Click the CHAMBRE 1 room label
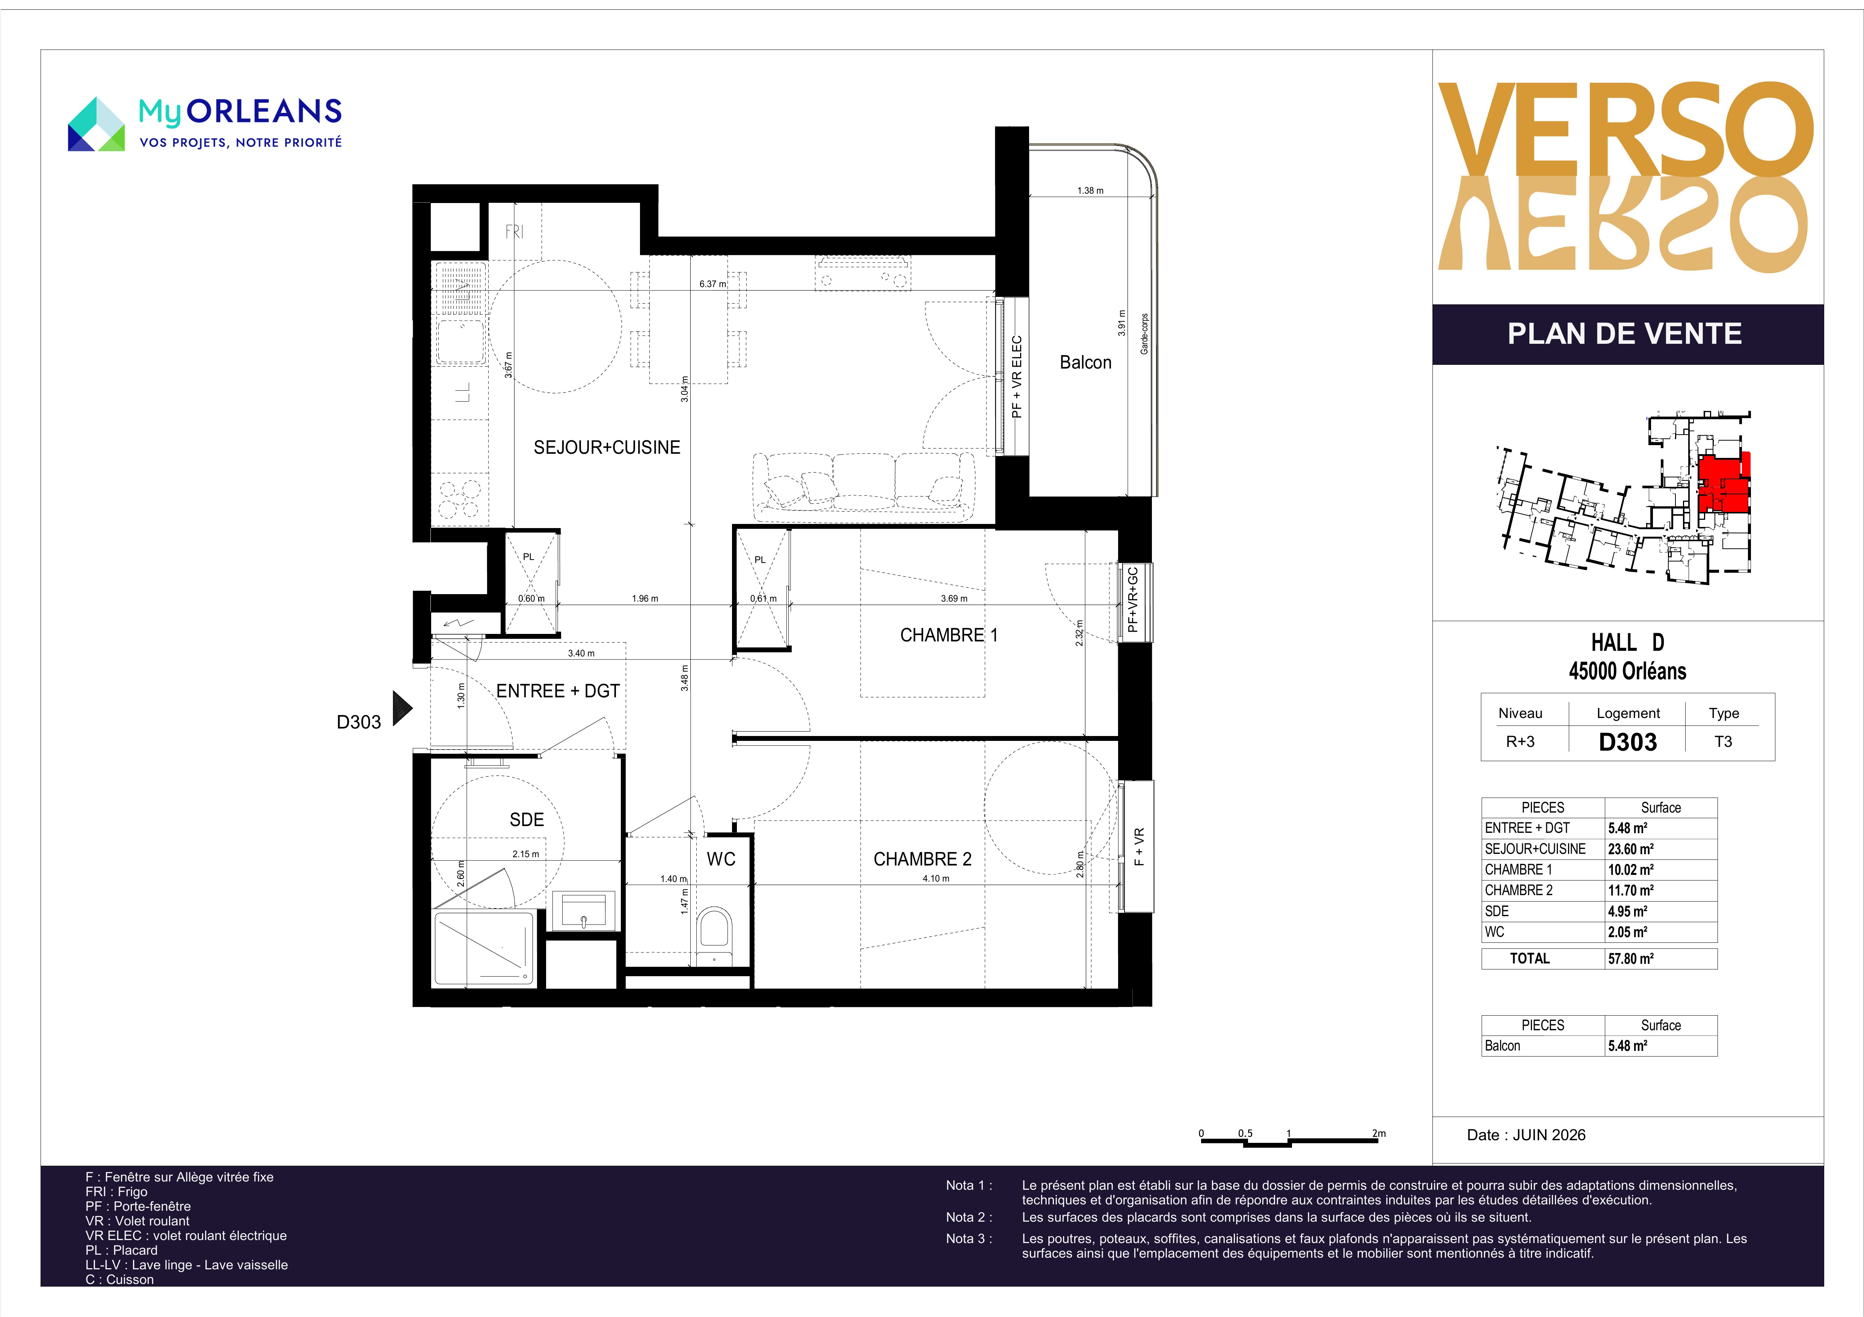948,635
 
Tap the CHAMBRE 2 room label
922,859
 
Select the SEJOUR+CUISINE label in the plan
607,447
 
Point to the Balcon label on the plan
1085,363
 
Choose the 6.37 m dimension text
713,284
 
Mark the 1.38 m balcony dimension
1090,191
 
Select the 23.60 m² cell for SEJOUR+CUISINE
1630,849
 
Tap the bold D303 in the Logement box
1628,742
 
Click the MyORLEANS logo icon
96,124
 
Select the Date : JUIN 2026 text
1526,1135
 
